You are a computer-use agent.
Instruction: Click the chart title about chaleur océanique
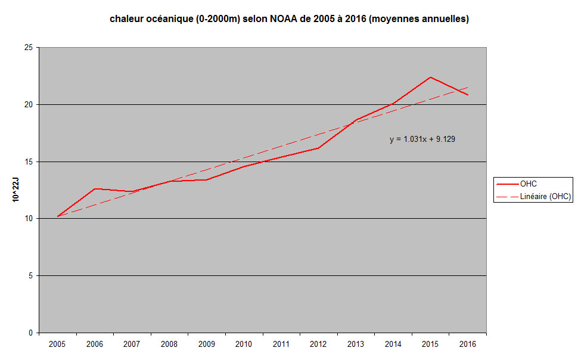[x=289, y=19]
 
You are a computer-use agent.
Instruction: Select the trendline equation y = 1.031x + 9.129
[x=422, y=139]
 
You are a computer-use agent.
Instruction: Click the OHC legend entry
[x=528, y=184]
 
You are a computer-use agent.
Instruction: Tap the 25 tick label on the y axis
[x=29, y=48]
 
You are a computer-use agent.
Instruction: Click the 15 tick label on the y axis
[x=29, y=162]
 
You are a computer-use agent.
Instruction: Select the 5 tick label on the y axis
[x=31, y=276]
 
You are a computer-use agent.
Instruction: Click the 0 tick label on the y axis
[x=31, y=333]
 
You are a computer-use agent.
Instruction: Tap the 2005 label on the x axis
[x=57, y=344]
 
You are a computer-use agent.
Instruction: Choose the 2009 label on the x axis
[x=207, y=344]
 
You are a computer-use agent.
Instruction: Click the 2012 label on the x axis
[x=318, y=344]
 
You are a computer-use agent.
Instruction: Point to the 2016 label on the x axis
[x=468, y=344]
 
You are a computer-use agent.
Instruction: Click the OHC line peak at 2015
[x=430, y=77]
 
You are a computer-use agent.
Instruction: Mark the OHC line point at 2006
[x=95, y=189]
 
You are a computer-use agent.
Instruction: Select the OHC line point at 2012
[x=318, y=148]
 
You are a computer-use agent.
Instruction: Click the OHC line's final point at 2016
[x=468, y=95]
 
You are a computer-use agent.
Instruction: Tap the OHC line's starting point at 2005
[x=57, y=216]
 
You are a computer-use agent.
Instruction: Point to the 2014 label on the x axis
[x=393, y=344]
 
